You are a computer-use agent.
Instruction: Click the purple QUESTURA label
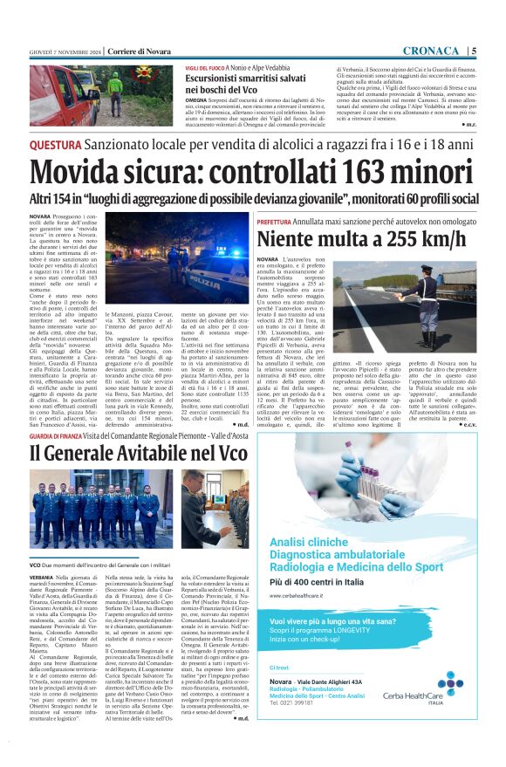(x=58, y=143)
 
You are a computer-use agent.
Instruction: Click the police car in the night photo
(x=214, y=283)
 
